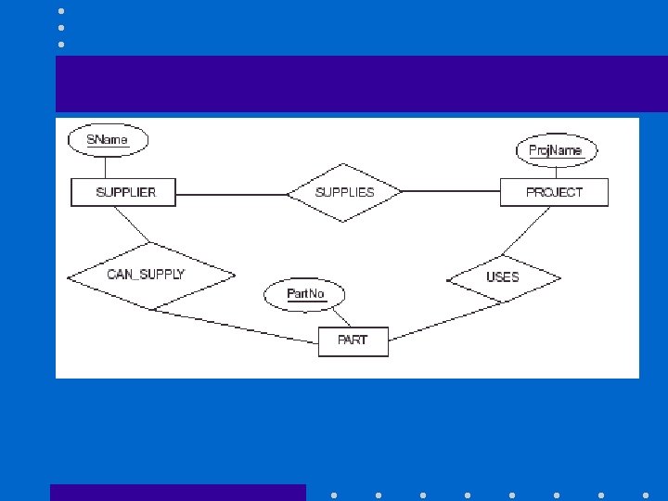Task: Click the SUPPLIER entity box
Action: click(x=125, y=192)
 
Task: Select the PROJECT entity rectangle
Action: click(x=554, y=192)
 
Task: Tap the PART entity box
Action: click(x=353, y=340)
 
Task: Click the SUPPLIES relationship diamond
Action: click(x=344, y=193)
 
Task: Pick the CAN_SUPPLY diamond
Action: click(x=149, y=276)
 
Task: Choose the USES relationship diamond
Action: click(x=504, y=277)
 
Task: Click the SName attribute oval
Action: click(x=108, y=140)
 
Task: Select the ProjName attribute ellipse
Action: click(x=556, y=150)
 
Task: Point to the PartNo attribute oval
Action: click(x=305, y=295)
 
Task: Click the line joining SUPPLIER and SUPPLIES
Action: click(x=232, y=194)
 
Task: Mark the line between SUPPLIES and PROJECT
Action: click(x=451, y=192)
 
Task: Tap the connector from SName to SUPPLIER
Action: click(x=107, y=167)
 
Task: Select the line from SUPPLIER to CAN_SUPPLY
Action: click(x=131, y=225)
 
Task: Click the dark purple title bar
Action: click(x=362, y=83)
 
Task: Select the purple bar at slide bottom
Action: click(x=177, y=492)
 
